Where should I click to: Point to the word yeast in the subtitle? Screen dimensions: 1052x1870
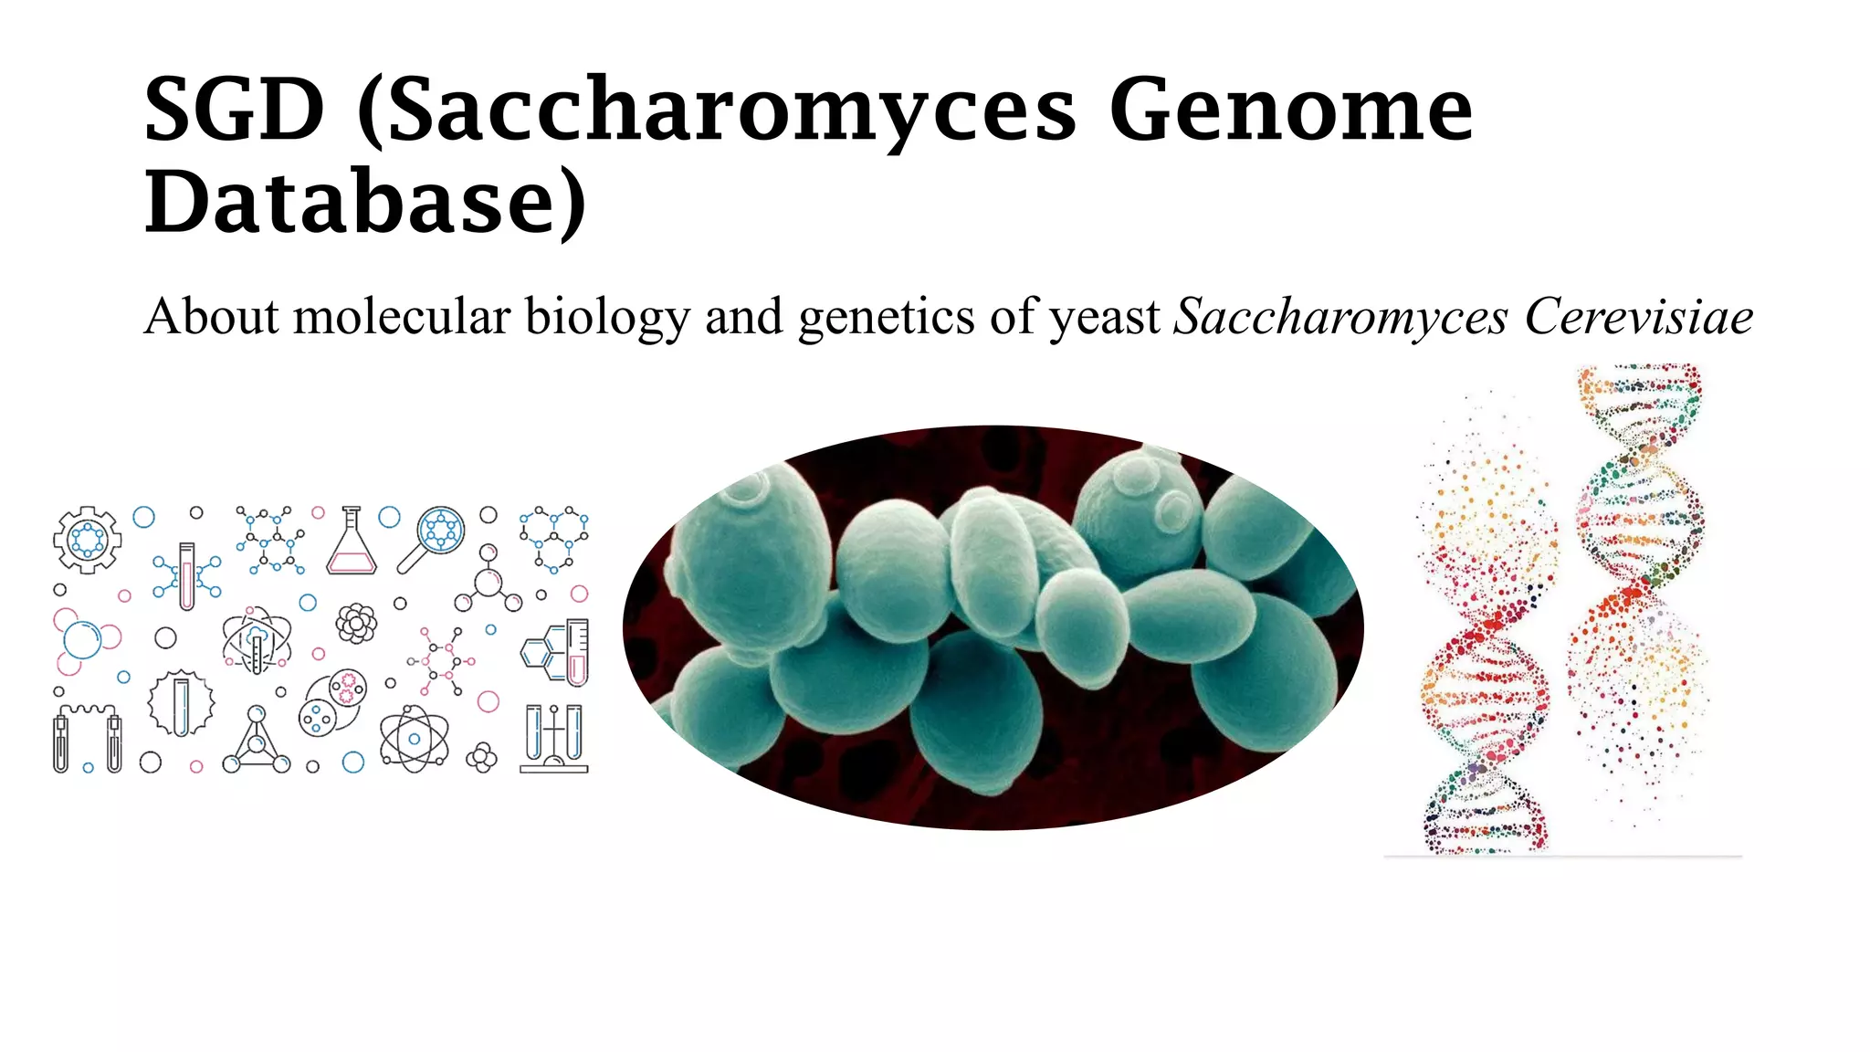pos(1104,317)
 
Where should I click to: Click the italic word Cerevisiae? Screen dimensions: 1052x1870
pos(1638,317)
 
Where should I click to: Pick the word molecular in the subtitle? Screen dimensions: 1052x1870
pos(402,317)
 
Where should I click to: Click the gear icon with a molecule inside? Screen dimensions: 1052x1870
pos(87,540)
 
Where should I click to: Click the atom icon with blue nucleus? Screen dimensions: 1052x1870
pos(414,738)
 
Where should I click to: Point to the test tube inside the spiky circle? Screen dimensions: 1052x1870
pos(181,704)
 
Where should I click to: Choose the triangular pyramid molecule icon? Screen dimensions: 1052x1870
pos(257,741)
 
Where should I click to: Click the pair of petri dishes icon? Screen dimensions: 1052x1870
pos(333,702)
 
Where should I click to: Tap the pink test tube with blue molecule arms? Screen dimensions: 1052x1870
pos(187,575)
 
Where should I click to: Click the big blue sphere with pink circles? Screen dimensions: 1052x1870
pos(83,640)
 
